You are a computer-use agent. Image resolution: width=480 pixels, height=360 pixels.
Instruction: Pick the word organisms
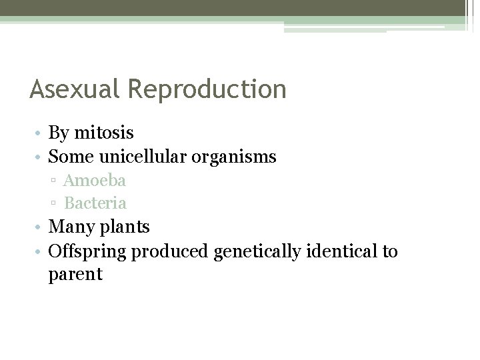tap(242, 158)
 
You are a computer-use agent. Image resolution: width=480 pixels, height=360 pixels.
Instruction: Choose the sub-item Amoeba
tap(95, 180)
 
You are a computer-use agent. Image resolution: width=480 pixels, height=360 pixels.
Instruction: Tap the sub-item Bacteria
tap(95, 202)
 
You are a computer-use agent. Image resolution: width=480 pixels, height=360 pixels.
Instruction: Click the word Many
tap(72, 227)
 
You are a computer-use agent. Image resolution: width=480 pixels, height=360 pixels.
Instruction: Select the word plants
tap(125, 227)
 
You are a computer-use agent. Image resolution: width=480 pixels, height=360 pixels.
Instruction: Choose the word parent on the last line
tap(75, 274)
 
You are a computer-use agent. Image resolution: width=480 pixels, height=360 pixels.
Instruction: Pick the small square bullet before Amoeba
tap(53, 181)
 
